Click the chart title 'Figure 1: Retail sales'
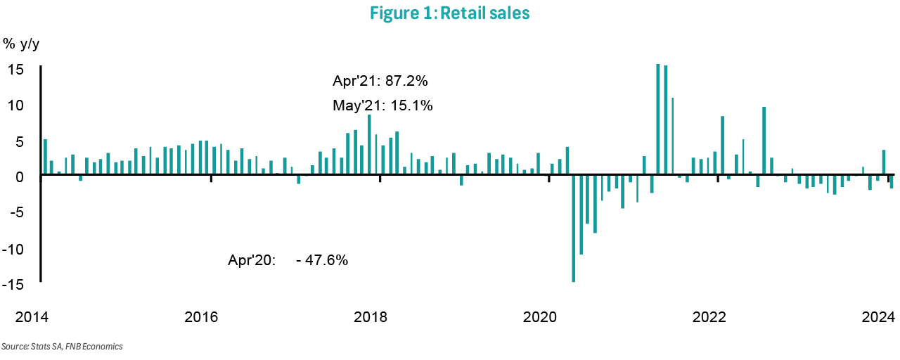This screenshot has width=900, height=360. pos(449,14)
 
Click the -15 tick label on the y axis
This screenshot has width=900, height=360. pos(15,285)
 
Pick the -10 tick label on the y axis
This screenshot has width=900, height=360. pos(15,249)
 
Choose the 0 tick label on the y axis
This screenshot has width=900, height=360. pos(21,177)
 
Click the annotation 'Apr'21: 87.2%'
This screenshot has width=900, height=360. pos(380,82)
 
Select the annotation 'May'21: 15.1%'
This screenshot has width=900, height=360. pos(382,106)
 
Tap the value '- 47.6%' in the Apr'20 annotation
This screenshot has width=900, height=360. pos(322,259)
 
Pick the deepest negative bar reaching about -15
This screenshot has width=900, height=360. pos(574,228)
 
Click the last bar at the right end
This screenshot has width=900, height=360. pos(892,181)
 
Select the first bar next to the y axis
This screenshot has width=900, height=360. pos(46,156)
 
